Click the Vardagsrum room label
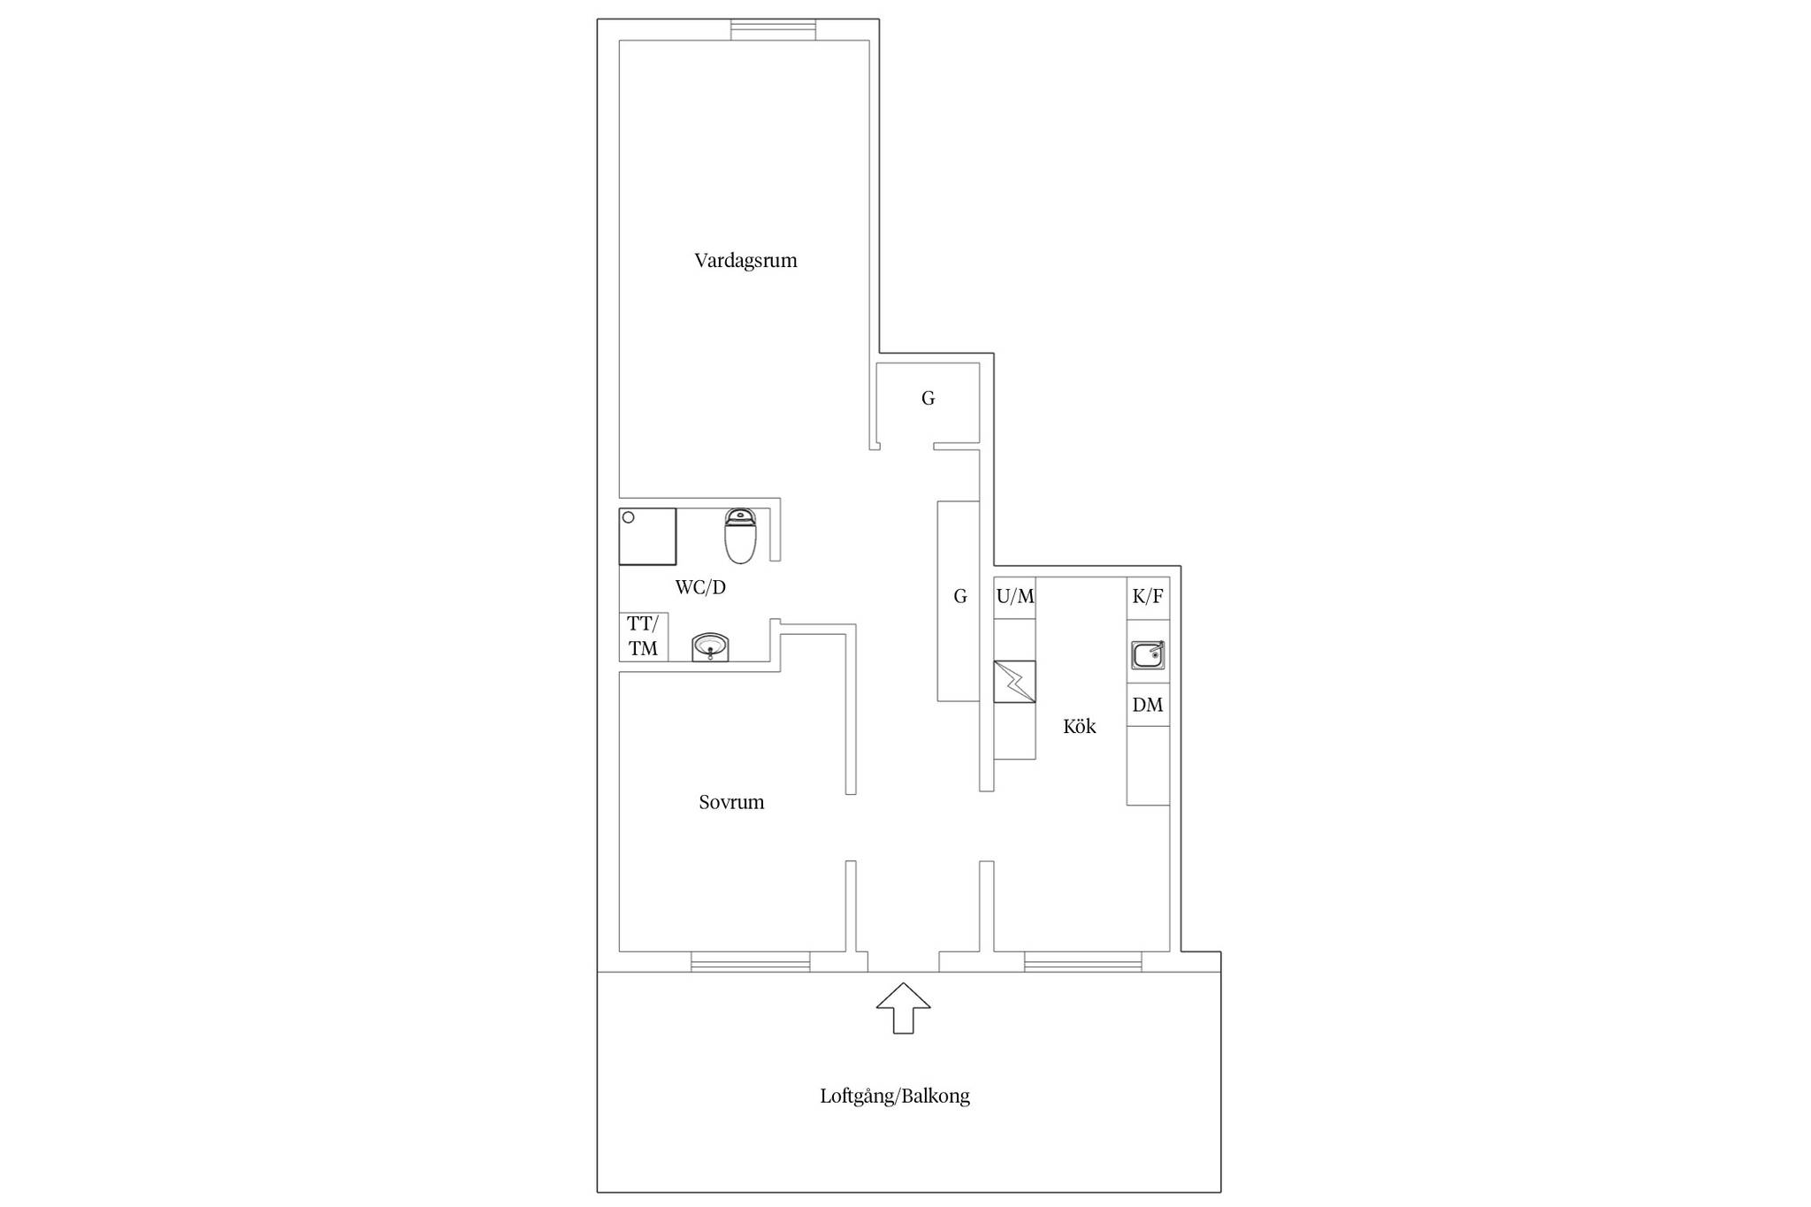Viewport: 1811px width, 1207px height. click(745, 261)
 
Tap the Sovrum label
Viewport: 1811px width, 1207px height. click(731, 802)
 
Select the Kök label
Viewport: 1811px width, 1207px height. click(1079, 726)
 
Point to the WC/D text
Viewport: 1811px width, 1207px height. click(700, 587)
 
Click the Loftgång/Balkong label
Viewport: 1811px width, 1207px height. click(895, 1096)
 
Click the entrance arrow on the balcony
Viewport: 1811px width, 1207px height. click(903, 1008)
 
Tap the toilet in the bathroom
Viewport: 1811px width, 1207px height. click(740, 536)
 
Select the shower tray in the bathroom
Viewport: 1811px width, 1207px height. click(647, 536)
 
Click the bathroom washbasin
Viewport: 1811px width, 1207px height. click(710, 646)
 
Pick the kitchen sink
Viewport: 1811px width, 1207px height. click(1148, 655)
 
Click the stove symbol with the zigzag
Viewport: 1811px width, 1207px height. click(1014, 682)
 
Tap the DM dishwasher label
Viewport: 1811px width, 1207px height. click(1148, 705)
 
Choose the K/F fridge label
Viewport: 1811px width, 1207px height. click(1148, 596)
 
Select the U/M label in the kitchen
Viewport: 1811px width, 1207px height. click(1015, 596)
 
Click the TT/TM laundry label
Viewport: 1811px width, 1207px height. click(643, 637)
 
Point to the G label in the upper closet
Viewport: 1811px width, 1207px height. click(928, 398)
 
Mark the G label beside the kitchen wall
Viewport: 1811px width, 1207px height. click(960, 596)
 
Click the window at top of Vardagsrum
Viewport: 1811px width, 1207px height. click(773, 29)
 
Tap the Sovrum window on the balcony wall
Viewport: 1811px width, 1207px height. click(750, 961)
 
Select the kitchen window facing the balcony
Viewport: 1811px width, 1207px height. click(1082, 961)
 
